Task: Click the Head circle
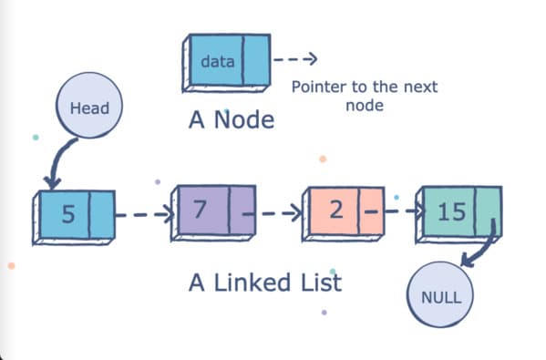click(x=89, y=108)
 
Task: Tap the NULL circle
click(x=441, y=297)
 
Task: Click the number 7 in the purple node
click(x=200, y=211)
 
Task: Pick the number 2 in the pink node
click(x=335, y=211)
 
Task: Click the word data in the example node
click(x=217, y=63)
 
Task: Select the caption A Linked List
click(x=264, y=283)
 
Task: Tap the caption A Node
click(x=231, y=119)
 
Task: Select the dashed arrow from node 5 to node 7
click(x=143, y=215)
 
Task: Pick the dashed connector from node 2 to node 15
click(x=397, y=212)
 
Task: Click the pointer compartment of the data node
click(x=256, y=60)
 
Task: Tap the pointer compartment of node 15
click(x=489, y=211)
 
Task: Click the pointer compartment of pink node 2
click(x=370, y=211)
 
